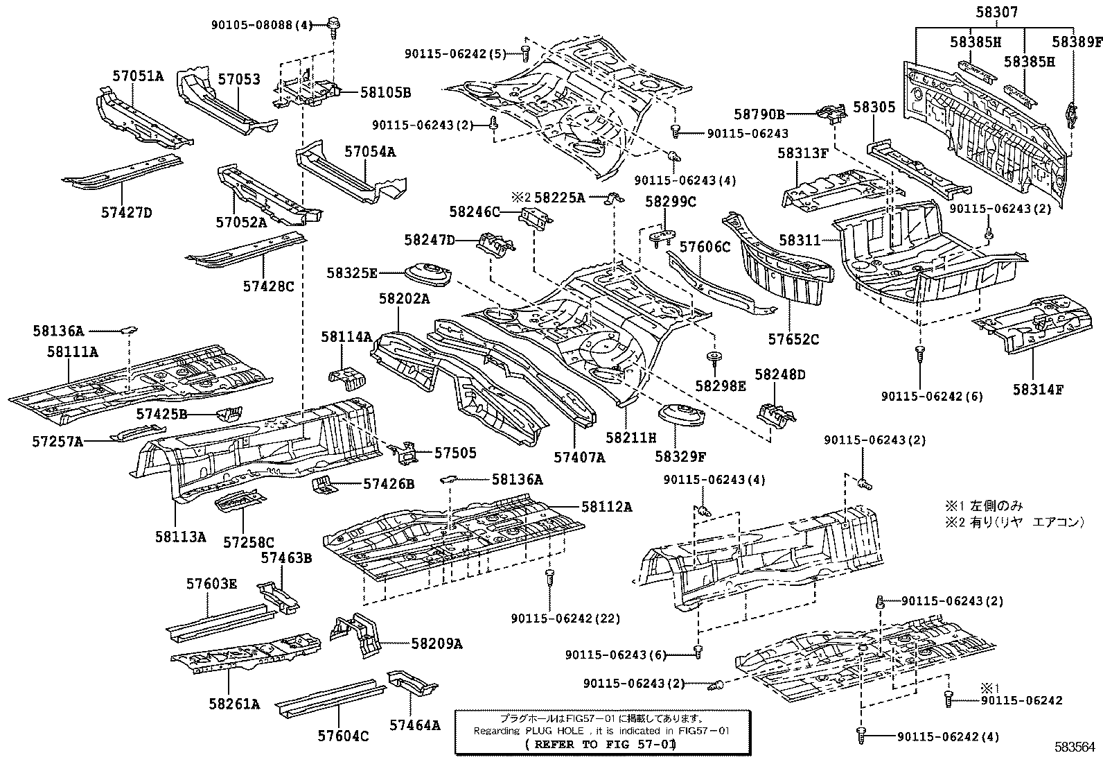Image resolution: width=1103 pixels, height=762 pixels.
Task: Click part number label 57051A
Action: pyautogui.click(x=138, y=76)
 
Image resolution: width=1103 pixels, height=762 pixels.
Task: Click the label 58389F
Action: pyautogui.click(x=1077, y=42)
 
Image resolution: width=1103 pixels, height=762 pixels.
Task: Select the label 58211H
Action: pyautogui.click(x=630, y=438)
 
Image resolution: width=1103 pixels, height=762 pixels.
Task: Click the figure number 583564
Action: pyautogui.click(x=1075, y=747)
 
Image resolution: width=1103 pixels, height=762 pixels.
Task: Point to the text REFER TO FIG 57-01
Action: pyautogui.click(x=600, y=744)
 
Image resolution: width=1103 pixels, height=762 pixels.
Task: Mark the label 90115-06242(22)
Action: pyautogui.click(x=566, y=618)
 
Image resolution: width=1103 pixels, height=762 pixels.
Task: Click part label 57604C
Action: pyautogui.click(x=344, y=735)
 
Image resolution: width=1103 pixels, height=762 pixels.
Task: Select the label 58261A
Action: pyautogui.click(x=233, y=704)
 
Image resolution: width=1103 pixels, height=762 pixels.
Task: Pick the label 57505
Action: pyautogui.click(x=455, y=453)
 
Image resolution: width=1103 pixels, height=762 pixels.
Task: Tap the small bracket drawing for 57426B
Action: pyautogui.click(x=323, y=484)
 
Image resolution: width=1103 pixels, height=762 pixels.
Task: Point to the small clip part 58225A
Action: pyautogui.click(x=610, y=198)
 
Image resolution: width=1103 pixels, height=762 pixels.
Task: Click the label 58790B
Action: pyautogui.click(x=759, y=114)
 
